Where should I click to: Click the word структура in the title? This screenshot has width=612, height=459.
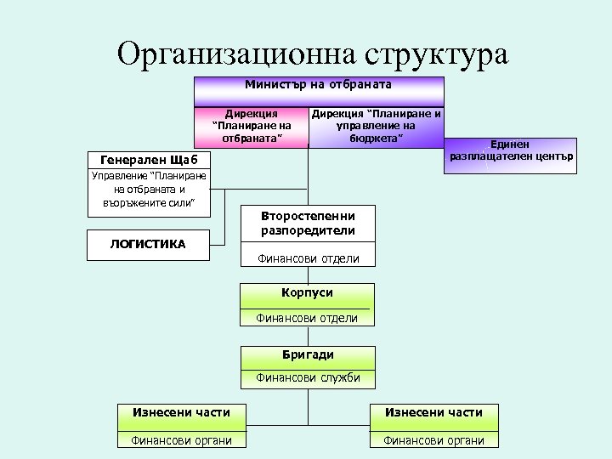point(436,53)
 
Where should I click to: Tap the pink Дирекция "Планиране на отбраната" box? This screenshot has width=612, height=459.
point(252,126)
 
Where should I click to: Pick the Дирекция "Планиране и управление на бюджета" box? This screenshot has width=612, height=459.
point(376,126)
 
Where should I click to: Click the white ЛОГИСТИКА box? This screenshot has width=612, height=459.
point(148,244)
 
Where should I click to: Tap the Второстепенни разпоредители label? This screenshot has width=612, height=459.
point(308,223)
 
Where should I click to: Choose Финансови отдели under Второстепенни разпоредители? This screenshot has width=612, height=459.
point(308,258)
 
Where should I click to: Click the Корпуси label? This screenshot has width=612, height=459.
point(308,292)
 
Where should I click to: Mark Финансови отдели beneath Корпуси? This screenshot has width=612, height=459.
point(308,319)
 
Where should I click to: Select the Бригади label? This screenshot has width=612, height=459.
point(308,354)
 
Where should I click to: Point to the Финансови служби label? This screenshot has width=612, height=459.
point(308,378)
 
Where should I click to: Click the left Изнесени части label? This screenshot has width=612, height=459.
point(181,412)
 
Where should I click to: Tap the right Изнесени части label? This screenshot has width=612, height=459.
point(433,412)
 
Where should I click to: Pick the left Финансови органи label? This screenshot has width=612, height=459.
point(181,439)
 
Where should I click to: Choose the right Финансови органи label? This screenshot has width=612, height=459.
point(433,439)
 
